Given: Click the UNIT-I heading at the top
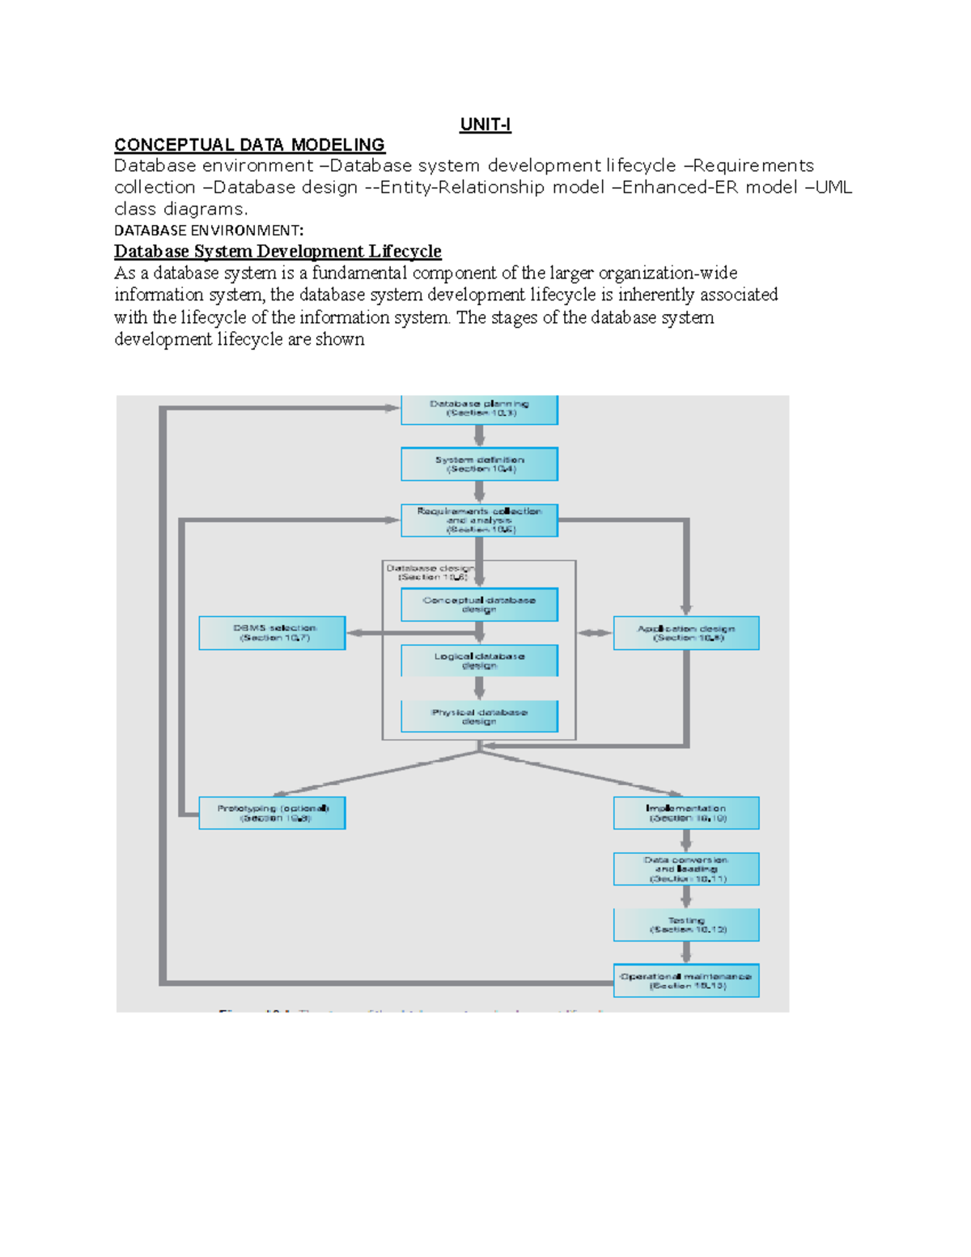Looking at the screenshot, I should tap(485, 125).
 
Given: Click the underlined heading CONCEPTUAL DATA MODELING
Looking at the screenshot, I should tap(249, 145).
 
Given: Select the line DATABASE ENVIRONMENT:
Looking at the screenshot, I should tap(209, 231).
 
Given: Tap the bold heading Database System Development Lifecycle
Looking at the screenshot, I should tap(278, 252).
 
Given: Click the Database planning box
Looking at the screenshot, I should tap(479, 409).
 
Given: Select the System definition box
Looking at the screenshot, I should tap(479, 464).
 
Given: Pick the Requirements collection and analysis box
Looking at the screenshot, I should tap(479, 520).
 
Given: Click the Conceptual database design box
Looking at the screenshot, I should tap(479, 605).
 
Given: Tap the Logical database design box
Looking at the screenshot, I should tap(479, 660).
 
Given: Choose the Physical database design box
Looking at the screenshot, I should tap(479, 716).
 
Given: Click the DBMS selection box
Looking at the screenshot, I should tap(272, 633).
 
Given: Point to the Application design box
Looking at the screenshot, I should tap(686, 633).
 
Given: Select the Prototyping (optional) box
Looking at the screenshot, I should tap(272, 813).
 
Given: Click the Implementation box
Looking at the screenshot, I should tap(686, 813).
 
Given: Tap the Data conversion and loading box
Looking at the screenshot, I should tap(686, 869).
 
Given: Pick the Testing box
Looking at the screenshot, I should tap(686, 924).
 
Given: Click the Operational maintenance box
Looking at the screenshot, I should tap(686, 980).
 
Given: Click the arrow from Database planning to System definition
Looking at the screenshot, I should tap(479, 435).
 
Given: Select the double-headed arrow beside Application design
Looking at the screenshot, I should tap(595, 633).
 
